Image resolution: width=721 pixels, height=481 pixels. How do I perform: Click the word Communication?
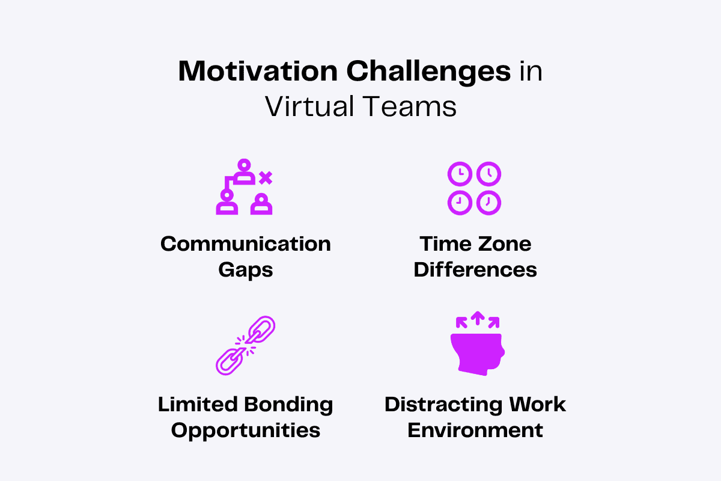pyautogui.click(x=245, y=244)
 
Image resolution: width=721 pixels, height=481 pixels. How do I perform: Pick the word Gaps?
pyautogui.click(x=245, y=269)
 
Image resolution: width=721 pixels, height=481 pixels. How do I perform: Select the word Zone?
pyautogui.click(x=503, y=244)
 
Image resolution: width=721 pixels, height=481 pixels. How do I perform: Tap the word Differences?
pyautogui.click(x=475, y=269)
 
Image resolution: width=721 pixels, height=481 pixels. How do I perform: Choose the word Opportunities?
pyautogui.click(x=245, y=430)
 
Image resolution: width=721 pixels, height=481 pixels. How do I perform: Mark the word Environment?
pyautogui.click(x=475, y=430)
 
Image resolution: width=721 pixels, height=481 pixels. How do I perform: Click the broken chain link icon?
pyautogui.click(x=245, y=346)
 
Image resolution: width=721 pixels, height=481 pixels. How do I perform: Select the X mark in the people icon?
pyautogui.click(x=265, y=177)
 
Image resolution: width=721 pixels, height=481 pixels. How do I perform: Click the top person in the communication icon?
pyautogui.click(x=243, y=171)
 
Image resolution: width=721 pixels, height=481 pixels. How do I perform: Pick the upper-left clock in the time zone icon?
pyautogui.click(x=460, y=174)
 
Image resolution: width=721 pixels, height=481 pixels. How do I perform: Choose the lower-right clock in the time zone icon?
pyautogui.click(x=488, y=203)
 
